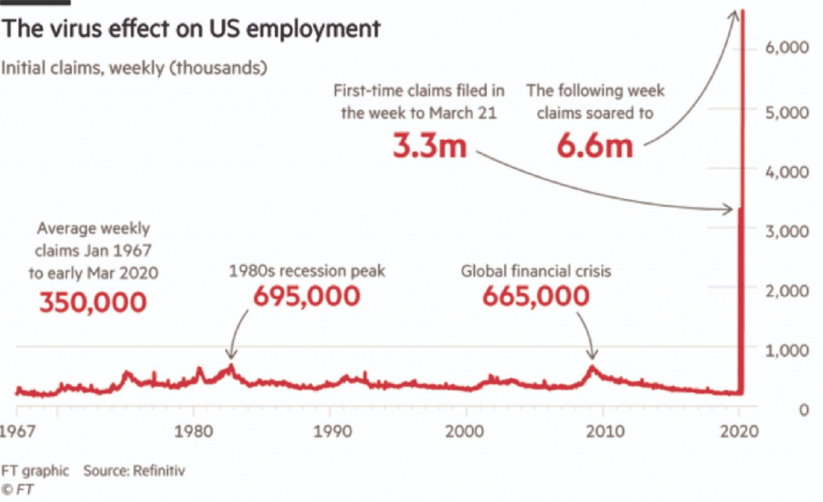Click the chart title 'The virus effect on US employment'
click(x=190, y=30)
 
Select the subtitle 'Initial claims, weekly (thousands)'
click(x=133, y=67)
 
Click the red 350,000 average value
click(x=93, y=302)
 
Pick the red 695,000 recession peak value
click(x=306, y=296)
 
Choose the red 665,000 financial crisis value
click(x=535, y=296)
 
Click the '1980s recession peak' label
click(x=307, y=271)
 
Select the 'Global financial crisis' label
click(x=535, y=271)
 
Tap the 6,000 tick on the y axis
click(x=787, y=49)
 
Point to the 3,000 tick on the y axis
click(x=787, y=231)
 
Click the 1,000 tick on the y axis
click(x=788, y=349)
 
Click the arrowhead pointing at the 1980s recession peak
click(x=231, y=356)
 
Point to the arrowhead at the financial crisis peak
click(x=593, y=356)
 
